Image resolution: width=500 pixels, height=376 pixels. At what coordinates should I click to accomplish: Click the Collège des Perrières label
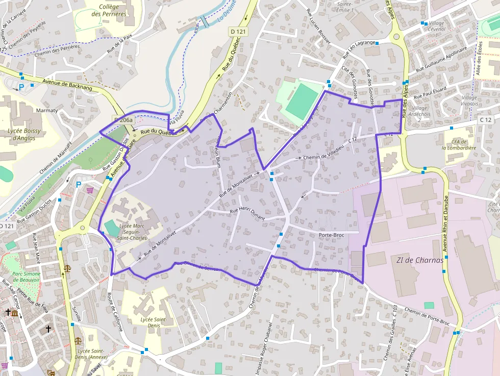tap(109, 10)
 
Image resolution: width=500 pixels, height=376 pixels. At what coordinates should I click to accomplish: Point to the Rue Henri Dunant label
tap(247, 214)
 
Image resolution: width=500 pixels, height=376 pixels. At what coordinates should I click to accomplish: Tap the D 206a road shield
tap(123, 120)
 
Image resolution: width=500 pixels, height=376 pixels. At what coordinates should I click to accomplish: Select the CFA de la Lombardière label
tap(459, 145)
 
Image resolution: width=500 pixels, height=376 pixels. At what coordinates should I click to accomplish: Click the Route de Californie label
tap(116, 311)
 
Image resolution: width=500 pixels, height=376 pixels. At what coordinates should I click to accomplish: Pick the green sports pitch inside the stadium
tap(302, 98)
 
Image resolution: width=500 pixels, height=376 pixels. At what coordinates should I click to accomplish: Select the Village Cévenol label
tap(437, 27)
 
